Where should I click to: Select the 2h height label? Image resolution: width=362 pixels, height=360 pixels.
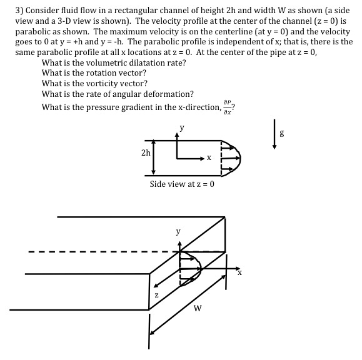(x=145, y=153)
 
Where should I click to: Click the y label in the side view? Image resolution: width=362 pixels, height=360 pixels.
(x=182, y=129)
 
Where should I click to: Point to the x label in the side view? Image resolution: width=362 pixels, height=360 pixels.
(x=209, y=158)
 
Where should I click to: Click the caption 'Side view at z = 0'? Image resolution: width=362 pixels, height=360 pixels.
(x=182, y=184)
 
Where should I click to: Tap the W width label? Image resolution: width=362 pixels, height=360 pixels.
(x=198, y=307)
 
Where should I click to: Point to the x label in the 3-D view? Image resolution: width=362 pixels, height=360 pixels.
(x=239, y=272)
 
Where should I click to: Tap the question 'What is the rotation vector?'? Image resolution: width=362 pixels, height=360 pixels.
(x=94, y=73)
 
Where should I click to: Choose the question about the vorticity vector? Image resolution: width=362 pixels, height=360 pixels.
(x=94, y=84)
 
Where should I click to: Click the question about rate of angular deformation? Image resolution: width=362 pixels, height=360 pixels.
(x=118, y=94)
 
